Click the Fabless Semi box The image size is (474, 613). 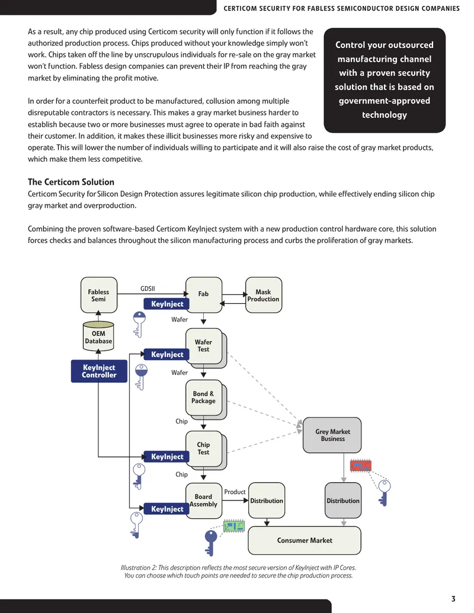coord(99,295)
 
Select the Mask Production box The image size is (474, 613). coord(264,295)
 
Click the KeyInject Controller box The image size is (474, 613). coord(99,371)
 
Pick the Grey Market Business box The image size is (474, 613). coord(332,435)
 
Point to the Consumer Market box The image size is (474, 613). coord(305,540)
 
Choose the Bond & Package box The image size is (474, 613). coord(204,399)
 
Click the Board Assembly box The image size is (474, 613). coord(203,501)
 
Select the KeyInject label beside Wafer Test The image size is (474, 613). coord(167,355)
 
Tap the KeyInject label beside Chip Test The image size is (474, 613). coord(167,457)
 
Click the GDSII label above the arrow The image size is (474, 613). coord(148,288)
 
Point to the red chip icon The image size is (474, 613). coord(361,466)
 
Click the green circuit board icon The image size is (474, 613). coord(234,526)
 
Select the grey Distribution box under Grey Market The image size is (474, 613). coord(343,501)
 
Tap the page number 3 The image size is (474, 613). coord(453,599)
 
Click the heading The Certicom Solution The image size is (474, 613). coord(71,182)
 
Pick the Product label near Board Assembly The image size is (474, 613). coord(235,492)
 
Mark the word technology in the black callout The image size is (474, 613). coord(385,115)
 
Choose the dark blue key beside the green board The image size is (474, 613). coord(211,543)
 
